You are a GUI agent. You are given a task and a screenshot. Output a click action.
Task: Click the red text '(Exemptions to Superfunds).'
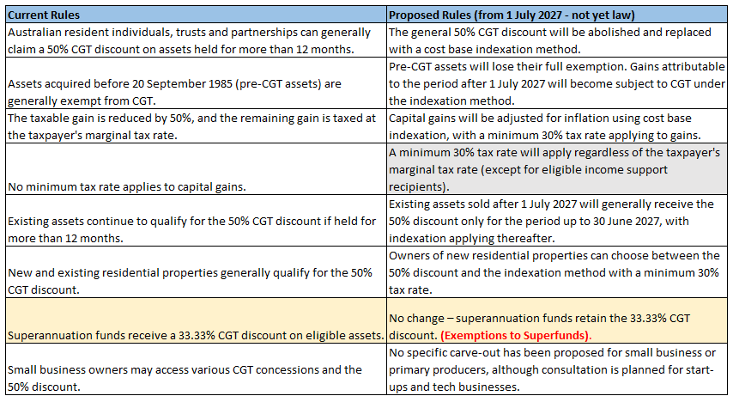(x=516, y=336)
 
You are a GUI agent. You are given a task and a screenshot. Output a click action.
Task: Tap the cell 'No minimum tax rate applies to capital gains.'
(x=197, y=169)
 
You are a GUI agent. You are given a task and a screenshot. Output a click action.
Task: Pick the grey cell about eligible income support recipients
(x=557, y=169)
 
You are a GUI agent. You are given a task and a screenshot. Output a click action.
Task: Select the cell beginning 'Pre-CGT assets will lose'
(x=557, y=83)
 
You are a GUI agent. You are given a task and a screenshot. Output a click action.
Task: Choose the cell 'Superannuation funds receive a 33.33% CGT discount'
(x=197, y=320)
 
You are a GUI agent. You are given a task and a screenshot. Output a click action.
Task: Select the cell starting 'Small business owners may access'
(x=197, y=369)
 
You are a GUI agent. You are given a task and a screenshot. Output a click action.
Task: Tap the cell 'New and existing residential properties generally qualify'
(x=197, y=272)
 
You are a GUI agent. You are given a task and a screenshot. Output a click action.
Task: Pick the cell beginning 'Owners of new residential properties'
(x=557, y=272)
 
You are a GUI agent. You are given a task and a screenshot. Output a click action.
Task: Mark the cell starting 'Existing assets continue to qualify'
(x=197, y=221)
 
